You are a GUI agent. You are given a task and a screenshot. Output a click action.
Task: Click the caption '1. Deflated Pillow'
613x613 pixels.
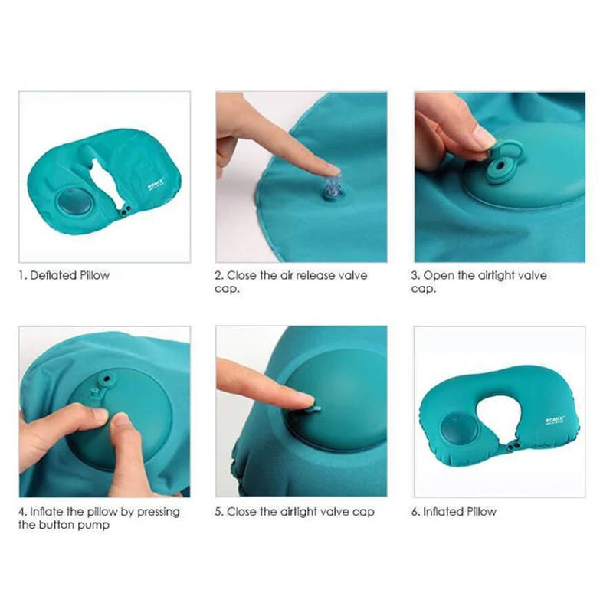[64, 275]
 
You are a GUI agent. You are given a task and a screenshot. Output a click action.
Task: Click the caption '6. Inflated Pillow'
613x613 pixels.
[454, 512]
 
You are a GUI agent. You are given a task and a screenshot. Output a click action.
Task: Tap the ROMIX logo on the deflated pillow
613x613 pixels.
[157, 184]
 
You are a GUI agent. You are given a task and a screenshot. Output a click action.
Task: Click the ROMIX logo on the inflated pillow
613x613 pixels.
[554, 420]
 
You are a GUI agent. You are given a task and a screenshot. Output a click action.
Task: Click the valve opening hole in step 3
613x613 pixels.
[500, 167]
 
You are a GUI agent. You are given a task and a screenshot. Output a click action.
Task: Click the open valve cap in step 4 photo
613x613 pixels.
[106, 379]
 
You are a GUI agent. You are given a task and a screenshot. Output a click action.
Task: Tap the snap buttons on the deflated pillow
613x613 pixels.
[125, 211]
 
